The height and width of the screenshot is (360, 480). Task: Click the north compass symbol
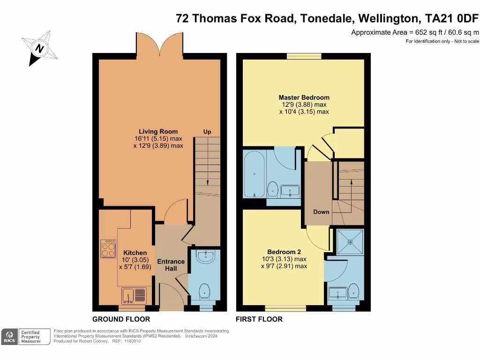point(39,48)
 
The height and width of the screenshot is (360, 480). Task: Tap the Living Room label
point(158,132)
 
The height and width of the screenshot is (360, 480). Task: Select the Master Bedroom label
point(304,97)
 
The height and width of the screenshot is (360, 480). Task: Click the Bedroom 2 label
point(284,252)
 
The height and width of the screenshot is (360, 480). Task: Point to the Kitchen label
point(135,253)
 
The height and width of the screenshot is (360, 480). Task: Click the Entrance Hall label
point(171,265)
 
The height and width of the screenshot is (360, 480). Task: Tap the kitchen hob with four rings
point(108,248)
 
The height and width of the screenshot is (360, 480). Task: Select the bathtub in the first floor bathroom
point(255,173)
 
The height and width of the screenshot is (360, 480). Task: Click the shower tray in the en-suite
point(350,242)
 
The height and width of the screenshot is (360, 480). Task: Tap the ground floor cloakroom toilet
point(204,292)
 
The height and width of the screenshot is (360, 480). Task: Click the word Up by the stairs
point(207,132)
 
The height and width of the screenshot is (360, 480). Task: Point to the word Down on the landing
point(321,212)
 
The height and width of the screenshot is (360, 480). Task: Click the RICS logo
point(9,337)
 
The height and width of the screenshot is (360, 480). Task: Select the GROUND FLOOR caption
point(121,319)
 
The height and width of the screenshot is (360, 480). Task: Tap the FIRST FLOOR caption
point(259,319)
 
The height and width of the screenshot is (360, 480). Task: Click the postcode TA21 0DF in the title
point(452,18)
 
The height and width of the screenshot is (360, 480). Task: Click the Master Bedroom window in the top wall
point(304,56)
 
